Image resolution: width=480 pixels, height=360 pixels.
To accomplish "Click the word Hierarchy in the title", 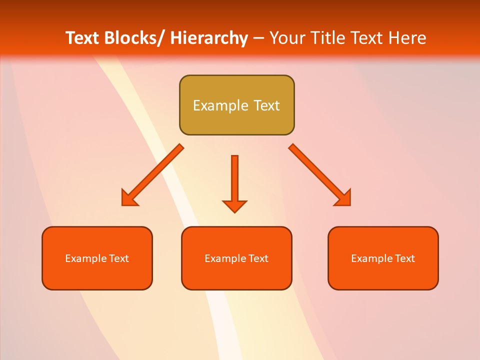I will [209, 38].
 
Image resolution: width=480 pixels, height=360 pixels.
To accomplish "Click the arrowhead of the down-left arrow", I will [128, 198].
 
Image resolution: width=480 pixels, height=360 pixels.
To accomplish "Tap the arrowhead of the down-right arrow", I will [344, 198].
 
